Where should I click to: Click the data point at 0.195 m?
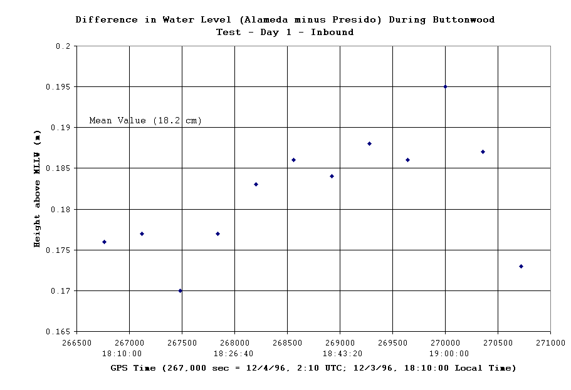point(445,86)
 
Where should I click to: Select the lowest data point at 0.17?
point(181,290)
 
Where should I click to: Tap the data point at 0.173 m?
point(521,266)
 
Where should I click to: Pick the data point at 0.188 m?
point(369,143)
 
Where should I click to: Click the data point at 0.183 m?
point(256,184)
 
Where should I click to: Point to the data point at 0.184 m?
point(332,176)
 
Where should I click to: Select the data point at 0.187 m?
point(483,151)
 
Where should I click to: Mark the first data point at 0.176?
point(104,242)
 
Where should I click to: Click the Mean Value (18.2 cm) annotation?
point(145,120)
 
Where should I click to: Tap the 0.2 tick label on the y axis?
point(63,46)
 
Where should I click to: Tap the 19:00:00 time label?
point(445,354)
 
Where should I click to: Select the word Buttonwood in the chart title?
point(463,19)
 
